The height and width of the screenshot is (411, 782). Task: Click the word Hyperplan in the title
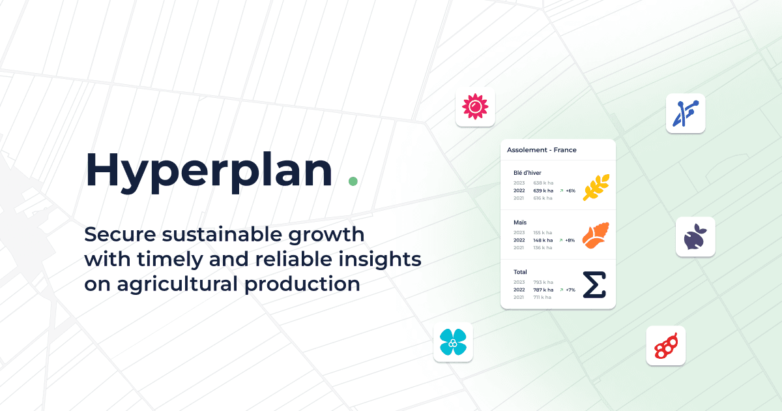click(x=209, y=171)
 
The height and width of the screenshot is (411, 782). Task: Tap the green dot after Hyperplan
click(x=353, y=181)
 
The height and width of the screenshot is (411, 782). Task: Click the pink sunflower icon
click(x=475, y=106)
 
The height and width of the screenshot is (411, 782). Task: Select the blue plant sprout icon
click(x=686, y=113)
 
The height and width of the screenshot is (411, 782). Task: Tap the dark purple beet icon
click(x=695, y=237)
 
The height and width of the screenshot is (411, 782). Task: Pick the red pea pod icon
click(x=665, y=346)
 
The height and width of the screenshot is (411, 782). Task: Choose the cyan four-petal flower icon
click(x=453, y=342)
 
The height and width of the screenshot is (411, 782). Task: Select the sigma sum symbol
click(x=594, y=285)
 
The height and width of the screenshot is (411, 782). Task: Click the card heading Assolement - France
click(x=542, y=150)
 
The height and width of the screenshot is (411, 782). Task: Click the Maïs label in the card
click(x=520, y=222)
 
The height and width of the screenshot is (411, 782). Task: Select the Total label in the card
click(x=520, y=272)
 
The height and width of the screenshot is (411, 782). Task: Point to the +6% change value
click(x=570, y=191)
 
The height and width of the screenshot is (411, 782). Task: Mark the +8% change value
click(x=570, y=241)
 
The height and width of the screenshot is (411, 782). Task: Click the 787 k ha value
click(x=543, y=290)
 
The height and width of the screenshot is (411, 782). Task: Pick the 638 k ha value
click(x=543, y=183)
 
